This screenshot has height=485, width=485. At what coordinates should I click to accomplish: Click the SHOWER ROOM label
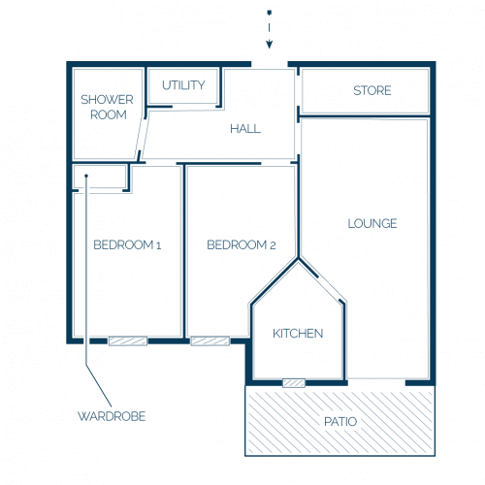tap(107, 107)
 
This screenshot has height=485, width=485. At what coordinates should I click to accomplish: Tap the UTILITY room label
tap(183, 85)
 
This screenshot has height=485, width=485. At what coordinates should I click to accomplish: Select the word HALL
tap(245, 129)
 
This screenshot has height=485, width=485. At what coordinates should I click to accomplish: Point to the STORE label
tap(372, 90)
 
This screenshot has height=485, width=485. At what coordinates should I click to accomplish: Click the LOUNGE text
tap(372, 223)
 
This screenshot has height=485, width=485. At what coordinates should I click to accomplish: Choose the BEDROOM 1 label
tap(127, 245)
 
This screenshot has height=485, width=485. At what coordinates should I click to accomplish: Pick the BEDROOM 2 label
tap(242, 245)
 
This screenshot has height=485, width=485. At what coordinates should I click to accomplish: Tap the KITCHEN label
tap(298, 334)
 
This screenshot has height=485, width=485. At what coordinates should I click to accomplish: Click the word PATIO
tap(340, 422)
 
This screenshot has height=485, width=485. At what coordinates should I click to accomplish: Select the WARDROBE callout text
tap(112, 416)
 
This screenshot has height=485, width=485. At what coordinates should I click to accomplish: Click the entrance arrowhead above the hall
tap(270, 45)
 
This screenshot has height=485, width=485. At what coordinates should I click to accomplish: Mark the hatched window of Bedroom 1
tap(128, 341)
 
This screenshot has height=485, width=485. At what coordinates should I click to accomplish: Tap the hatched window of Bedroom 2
tap(210, 341)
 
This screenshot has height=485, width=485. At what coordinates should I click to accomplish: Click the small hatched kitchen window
tap(294, 383)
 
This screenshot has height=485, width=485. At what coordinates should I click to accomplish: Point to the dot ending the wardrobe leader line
tap(86, 176)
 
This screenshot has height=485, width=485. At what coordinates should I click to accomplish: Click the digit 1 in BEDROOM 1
tap(158, 245)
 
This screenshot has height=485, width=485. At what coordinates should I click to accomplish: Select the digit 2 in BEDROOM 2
tap(273, 245)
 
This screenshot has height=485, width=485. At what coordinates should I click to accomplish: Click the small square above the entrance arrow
tap(270, 13)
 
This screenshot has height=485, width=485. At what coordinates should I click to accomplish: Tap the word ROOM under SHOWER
tap(109, 114)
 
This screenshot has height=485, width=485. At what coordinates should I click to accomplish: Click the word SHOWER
tap(107, 100)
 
